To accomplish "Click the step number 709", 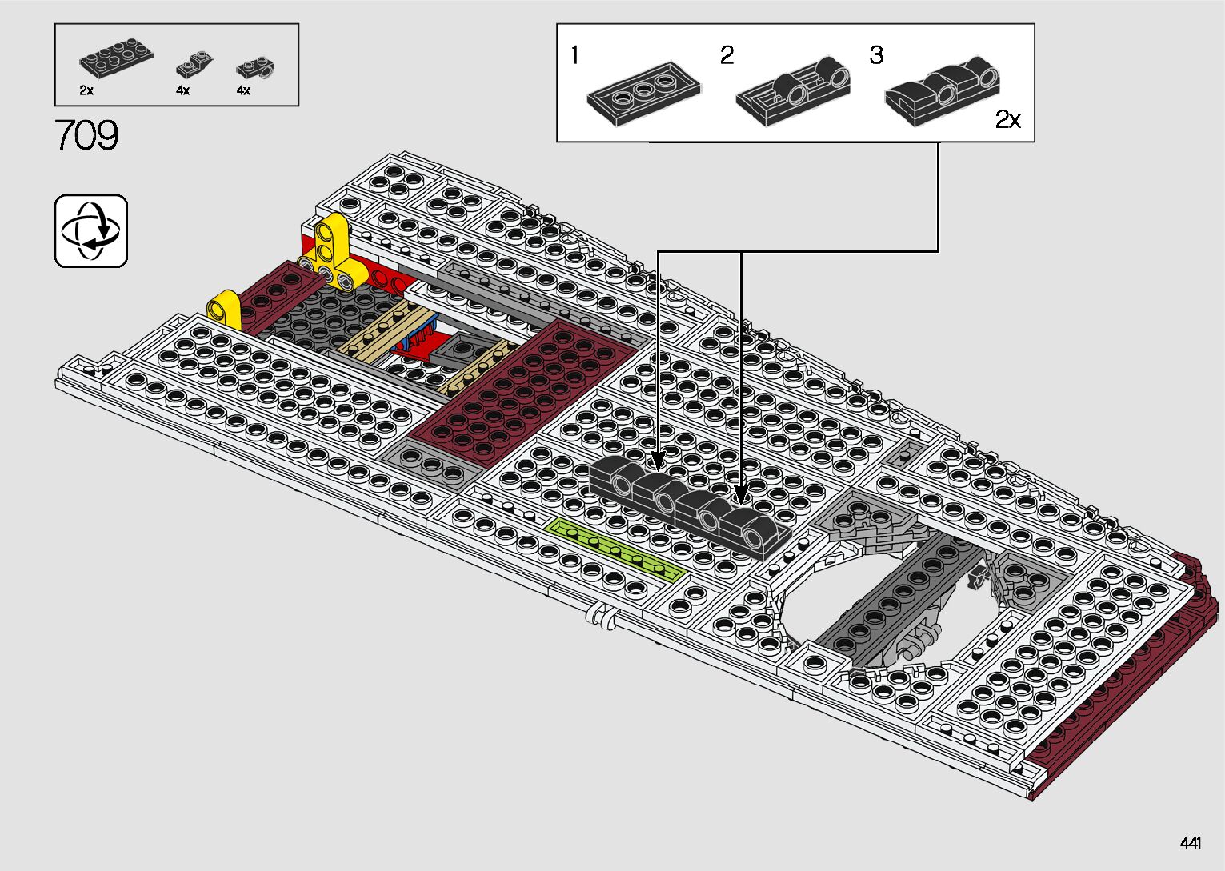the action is [86, 135].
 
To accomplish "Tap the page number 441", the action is [1190, 843].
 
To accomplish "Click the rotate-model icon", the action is [91, 230].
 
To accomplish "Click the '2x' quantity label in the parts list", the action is [86, 91].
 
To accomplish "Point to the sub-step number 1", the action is [574, 56].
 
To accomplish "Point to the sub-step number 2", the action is [727, 55].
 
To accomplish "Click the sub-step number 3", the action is [876, 55].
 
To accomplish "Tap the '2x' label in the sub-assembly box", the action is [1008, 120].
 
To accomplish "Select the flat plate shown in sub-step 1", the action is [644, 93].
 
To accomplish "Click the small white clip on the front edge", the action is [601, 617].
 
